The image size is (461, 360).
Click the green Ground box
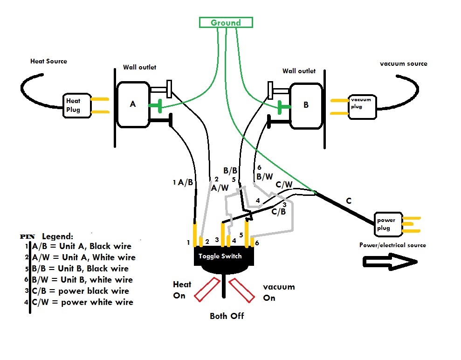point(226,22)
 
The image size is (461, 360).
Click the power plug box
point(386,224)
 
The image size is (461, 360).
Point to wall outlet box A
point(133,104)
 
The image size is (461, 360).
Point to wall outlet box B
point(306,105)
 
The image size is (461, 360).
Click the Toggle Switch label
point(220,256)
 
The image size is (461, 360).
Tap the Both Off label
point(227,316)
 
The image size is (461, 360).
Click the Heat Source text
point(48,61)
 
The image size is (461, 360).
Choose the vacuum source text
point(404,63)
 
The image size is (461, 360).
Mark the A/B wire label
point(185,183)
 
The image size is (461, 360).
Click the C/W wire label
point(284,185)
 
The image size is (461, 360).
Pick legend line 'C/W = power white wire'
point(83,302)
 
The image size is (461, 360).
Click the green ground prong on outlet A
point(156,105)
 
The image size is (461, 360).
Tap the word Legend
point(57,236)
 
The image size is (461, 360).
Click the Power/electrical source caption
point(392,245)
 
